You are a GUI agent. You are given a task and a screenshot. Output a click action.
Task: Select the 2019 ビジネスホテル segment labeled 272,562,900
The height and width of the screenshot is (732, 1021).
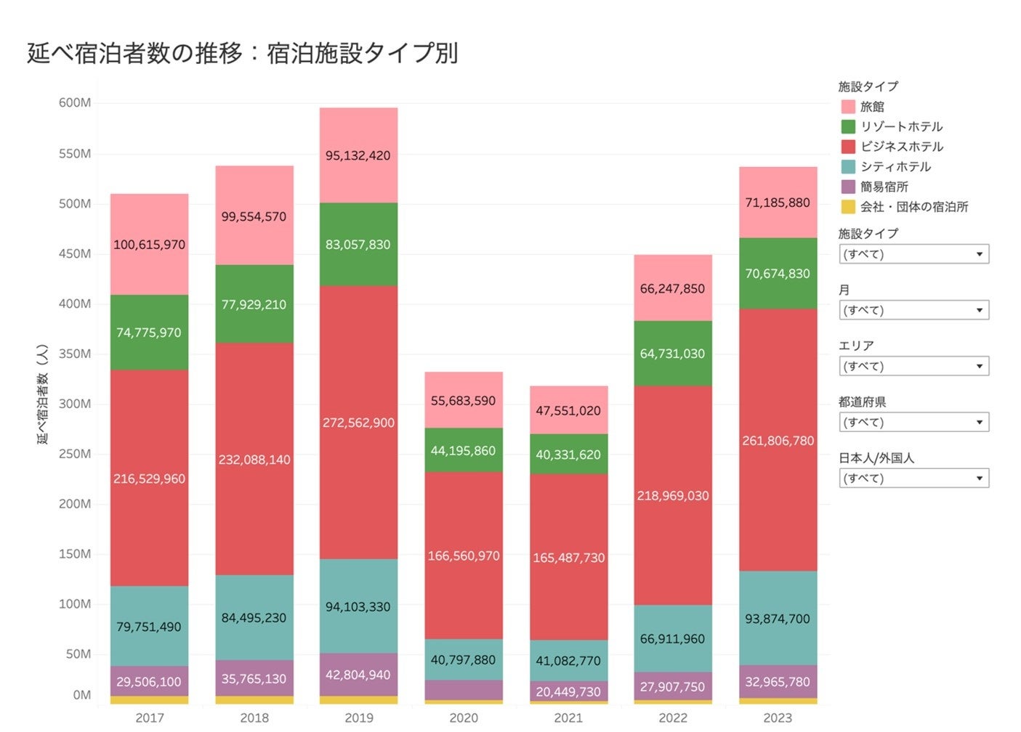[358, 423]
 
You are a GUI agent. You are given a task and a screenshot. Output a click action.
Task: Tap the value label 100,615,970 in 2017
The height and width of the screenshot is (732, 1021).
[149, 245]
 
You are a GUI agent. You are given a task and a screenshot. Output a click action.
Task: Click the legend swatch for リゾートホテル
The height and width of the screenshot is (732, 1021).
[848, 126]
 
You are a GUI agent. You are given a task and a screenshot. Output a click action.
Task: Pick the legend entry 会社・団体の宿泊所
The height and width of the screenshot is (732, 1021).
[913, 207]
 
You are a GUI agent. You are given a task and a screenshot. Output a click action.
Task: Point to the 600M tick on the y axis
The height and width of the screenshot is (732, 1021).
[75, 103]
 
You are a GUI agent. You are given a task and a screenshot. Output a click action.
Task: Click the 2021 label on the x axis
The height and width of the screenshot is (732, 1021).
[568, 717]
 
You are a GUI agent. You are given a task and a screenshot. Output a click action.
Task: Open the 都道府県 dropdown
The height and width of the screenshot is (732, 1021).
[913, 423]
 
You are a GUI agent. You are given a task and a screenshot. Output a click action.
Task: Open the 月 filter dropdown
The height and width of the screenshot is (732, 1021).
[913, 310]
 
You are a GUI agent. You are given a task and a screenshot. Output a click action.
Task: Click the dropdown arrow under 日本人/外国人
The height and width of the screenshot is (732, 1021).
[979, 479]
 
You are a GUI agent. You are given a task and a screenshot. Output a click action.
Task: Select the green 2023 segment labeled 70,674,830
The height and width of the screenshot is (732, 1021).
[778, 274]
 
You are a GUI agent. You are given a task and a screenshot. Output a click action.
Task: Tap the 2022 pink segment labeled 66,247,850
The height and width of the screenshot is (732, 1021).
[673, 288]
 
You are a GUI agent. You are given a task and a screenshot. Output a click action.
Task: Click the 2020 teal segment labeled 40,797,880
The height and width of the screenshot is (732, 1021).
[464, 660]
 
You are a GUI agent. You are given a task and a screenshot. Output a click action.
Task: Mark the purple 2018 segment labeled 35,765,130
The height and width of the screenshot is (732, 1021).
[254, 679]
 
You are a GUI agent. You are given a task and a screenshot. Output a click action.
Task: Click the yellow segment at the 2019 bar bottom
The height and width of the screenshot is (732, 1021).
[358, 700]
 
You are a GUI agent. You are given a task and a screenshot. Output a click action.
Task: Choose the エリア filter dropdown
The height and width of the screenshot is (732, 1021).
[913, 367]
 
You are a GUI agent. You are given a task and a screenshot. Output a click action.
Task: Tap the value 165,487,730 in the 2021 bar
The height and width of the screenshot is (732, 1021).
[568, 558]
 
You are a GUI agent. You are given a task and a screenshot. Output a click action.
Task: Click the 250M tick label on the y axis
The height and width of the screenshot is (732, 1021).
[75, 454]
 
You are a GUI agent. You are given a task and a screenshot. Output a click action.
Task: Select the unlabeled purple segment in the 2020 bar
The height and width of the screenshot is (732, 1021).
[464, 690]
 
